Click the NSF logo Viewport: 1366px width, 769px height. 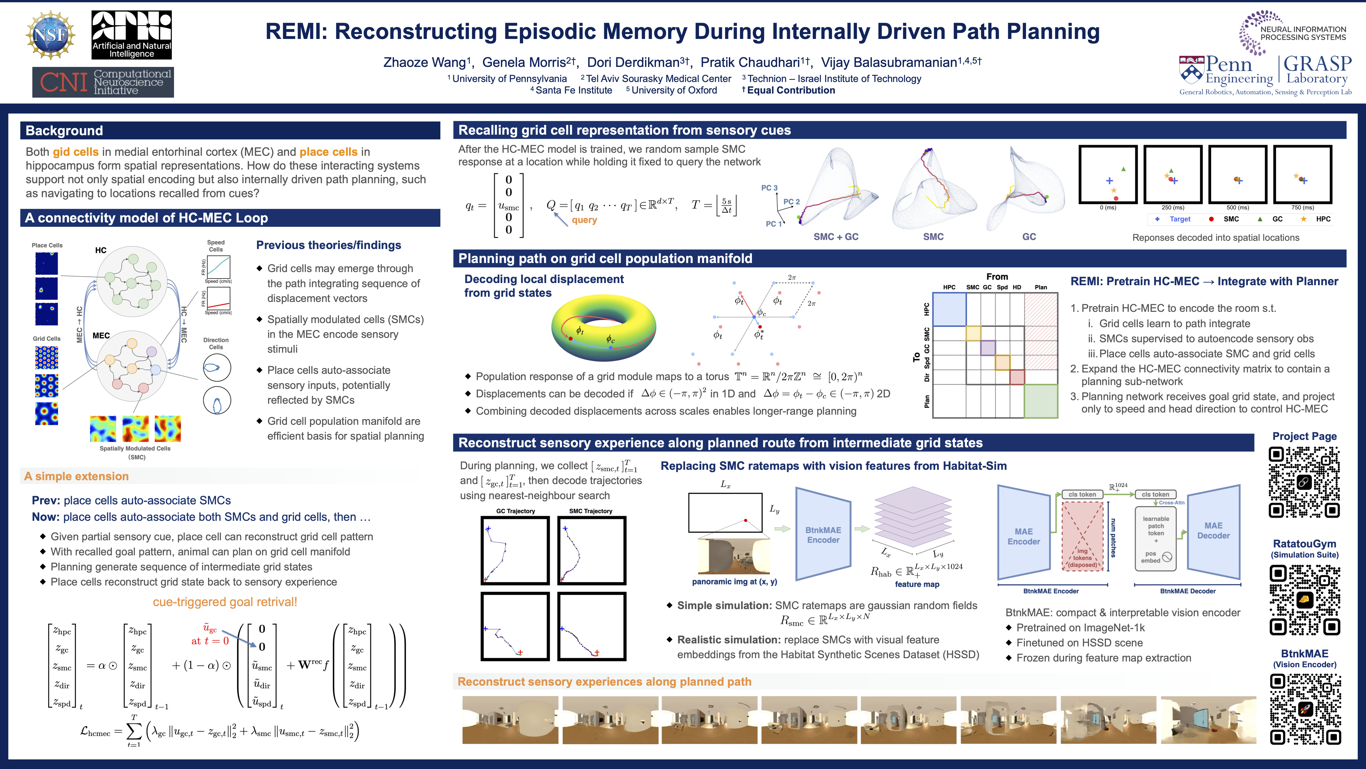tap(50, 35)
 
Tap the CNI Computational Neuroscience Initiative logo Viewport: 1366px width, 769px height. tap(103, 82)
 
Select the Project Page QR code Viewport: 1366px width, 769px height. tap(1304, 482)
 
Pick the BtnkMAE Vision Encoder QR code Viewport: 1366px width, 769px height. tap(1305, 709)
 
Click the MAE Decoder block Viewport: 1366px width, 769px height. tap(1213, 531)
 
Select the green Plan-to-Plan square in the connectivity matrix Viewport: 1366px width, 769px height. tap(1040, 401)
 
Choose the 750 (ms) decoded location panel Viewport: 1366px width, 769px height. tap(1302, 175)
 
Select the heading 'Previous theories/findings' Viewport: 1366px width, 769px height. tap(328, 245)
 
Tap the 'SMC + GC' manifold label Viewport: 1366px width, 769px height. tap(836, 237)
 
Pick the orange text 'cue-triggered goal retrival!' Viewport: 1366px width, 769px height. tap(225, 602)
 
